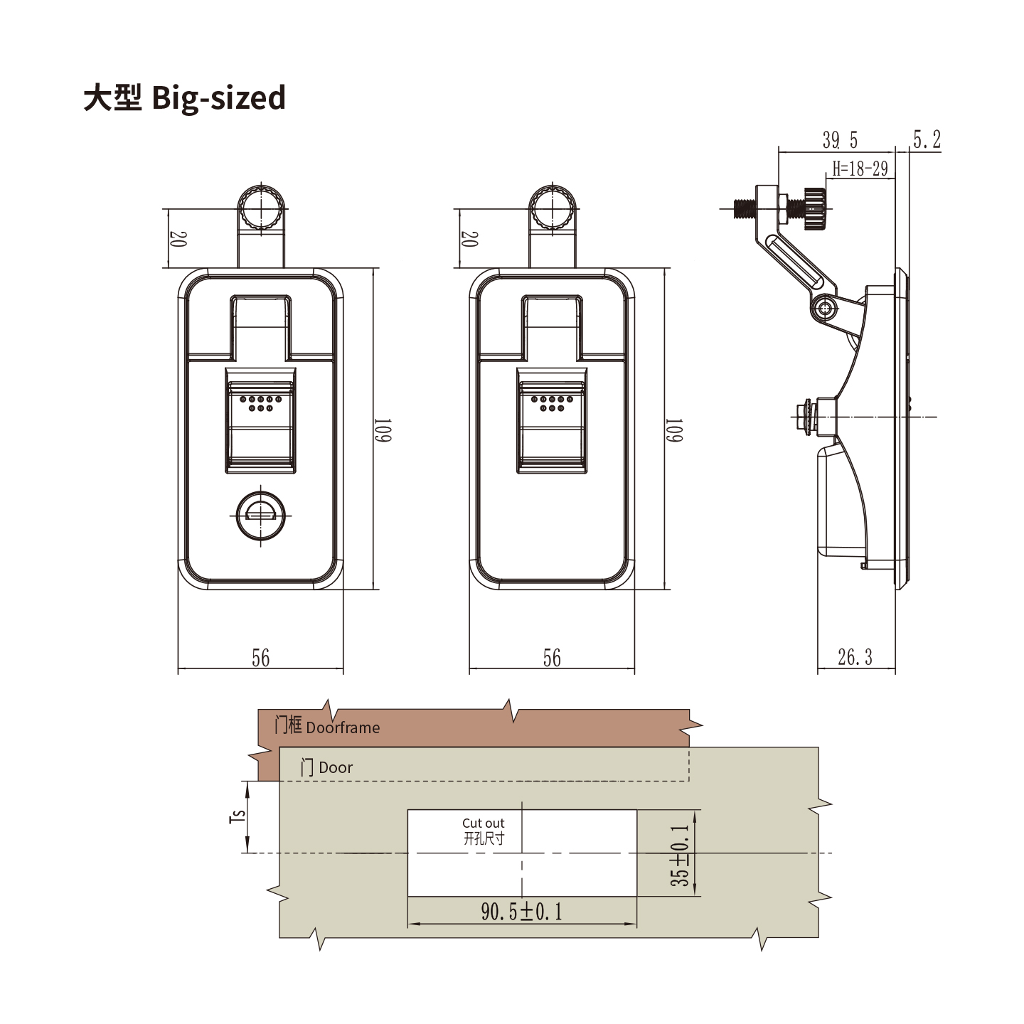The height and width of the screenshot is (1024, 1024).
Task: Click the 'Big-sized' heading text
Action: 218,98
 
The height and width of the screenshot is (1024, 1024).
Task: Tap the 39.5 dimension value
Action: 840,140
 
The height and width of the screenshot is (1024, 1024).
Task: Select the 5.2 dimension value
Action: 927,139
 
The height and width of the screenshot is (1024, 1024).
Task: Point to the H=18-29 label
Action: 860,169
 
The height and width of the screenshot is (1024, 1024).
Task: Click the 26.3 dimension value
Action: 855,657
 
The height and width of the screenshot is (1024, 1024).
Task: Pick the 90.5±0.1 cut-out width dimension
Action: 521,912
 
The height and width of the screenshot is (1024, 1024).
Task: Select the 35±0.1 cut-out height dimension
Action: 681,855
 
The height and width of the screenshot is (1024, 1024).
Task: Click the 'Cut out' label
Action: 483,823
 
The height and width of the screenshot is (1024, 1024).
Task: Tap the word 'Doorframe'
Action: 343,727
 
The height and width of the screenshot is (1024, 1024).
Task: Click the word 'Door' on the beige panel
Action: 336,767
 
